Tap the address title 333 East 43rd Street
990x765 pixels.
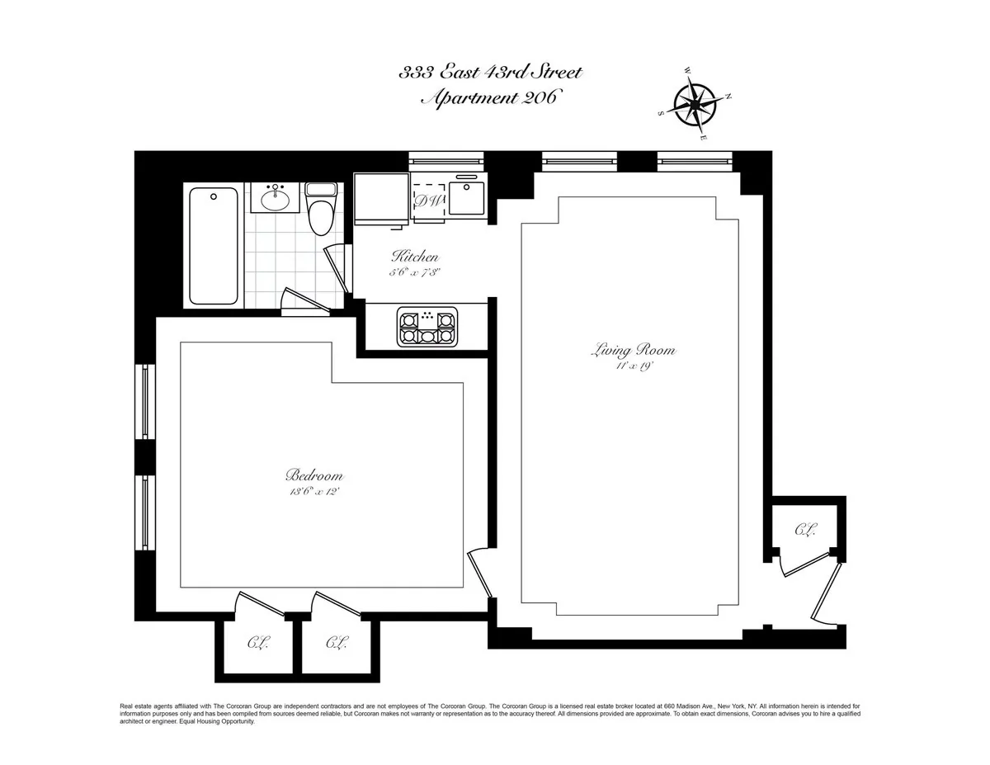[x=491, y=73]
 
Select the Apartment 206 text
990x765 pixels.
[x=489, y=98]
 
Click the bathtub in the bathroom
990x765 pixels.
[x=214, y=245]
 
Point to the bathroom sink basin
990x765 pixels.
[x=275, y=198]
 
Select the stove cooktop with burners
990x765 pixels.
[x=427, y=326]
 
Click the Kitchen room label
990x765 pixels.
[x=415, y=257]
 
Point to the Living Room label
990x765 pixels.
[x=634, y=351]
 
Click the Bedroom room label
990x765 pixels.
[x=314, y=476]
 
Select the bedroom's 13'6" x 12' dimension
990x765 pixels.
[x=314, y=491]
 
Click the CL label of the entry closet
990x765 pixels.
[x=805, y=530]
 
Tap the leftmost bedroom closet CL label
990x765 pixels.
[x=257, y=642]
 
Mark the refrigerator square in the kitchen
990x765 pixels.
[x=381, y=198]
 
